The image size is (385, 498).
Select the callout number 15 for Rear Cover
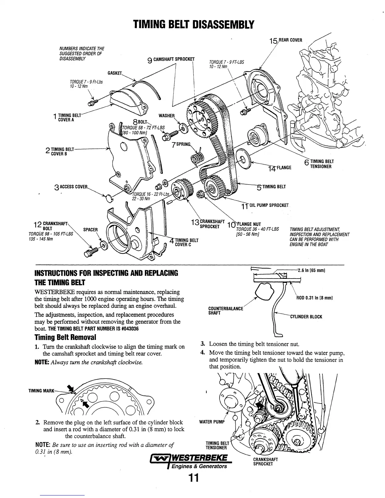pos(273,41)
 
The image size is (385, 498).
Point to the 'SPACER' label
pos(90,230)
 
